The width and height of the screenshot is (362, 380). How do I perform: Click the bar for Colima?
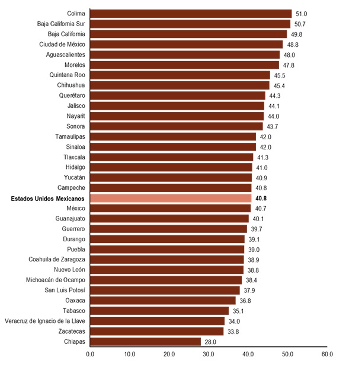tap(191, 14)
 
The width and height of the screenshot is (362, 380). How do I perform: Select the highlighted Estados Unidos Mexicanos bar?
tap(171, 198)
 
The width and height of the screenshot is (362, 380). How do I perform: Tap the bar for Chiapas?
tap(145, 341)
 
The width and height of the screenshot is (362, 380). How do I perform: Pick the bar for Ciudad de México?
tap(187, 44)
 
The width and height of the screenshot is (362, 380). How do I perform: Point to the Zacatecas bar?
tap(157, 331)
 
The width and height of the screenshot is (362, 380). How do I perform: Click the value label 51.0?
tap(302, 14)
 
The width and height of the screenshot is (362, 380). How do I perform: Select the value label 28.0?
tap(210, 342)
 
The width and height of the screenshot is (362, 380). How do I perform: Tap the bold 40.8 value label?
tap(261, 199)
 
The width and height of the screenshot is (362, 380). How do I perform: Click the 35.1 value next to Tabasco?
tap(238, 311)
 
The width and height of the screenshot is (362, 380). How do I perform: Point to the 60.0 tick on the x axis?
tap(327, 354)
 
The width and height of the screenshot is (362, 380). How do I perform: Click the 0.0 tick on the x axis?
tap(90, 354)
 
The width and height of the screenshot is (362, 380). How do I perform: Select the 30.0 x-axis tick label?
tap(209, 354)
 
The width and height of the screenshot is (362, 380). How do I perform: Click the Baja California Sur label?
tap(61, 24)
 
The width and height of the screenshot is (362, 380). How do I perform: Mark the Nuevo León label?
tap(69, 270)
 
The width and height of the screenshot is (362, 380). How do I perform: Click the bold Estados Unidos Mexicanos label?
tap(48, 199)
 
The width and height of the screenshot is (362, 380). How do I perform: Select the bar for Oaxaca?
tap(162, 301)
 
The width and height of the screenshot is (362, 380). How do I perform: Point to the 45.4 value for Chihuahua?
tap(279, 85)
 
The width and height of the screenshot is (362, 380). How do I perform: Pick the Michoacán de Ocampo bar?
tap(166, 280)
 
